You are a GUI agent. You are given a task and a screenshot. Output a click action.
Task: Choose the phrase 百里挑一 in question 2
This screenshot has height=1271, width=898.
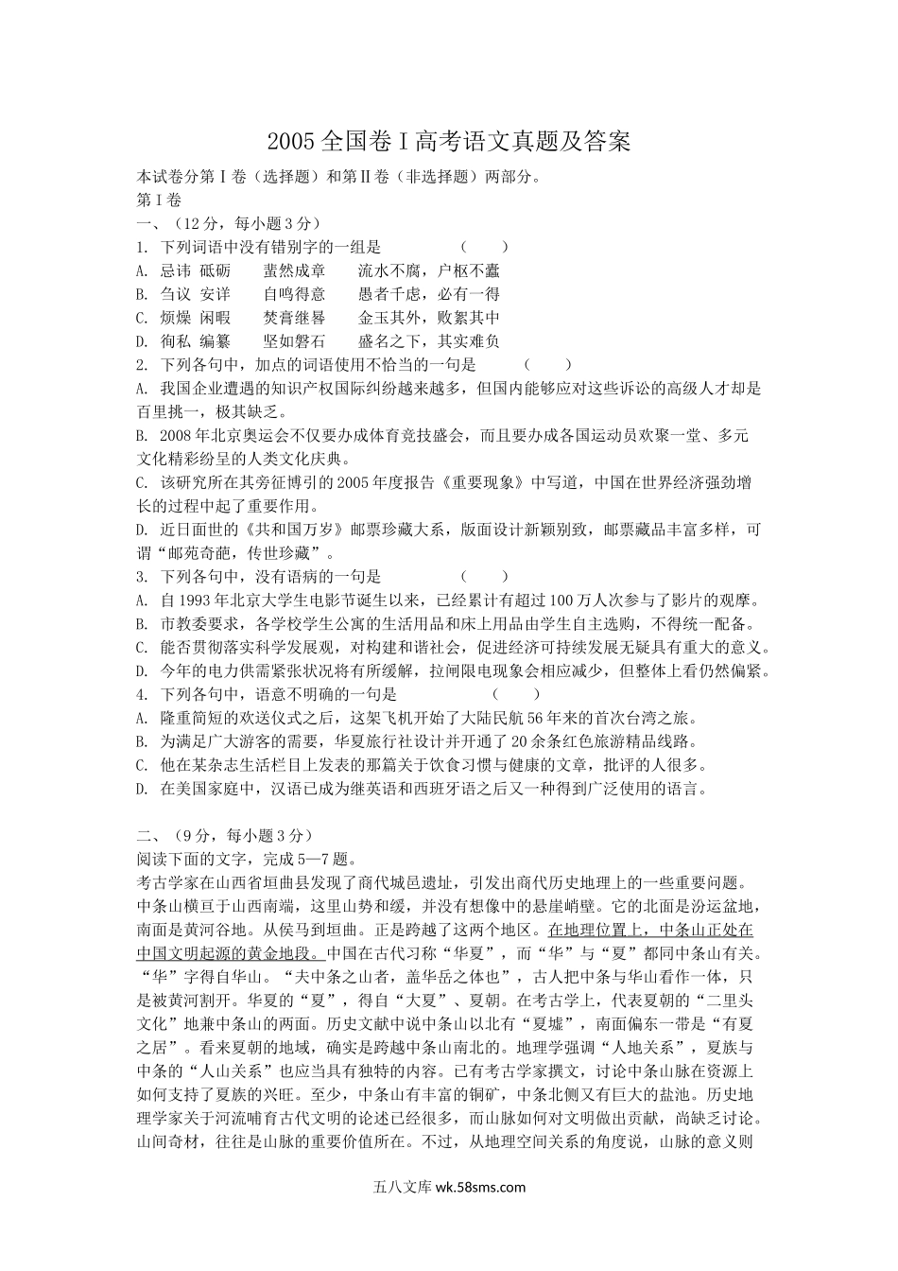pyautogui.click(x=166, y=411)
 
